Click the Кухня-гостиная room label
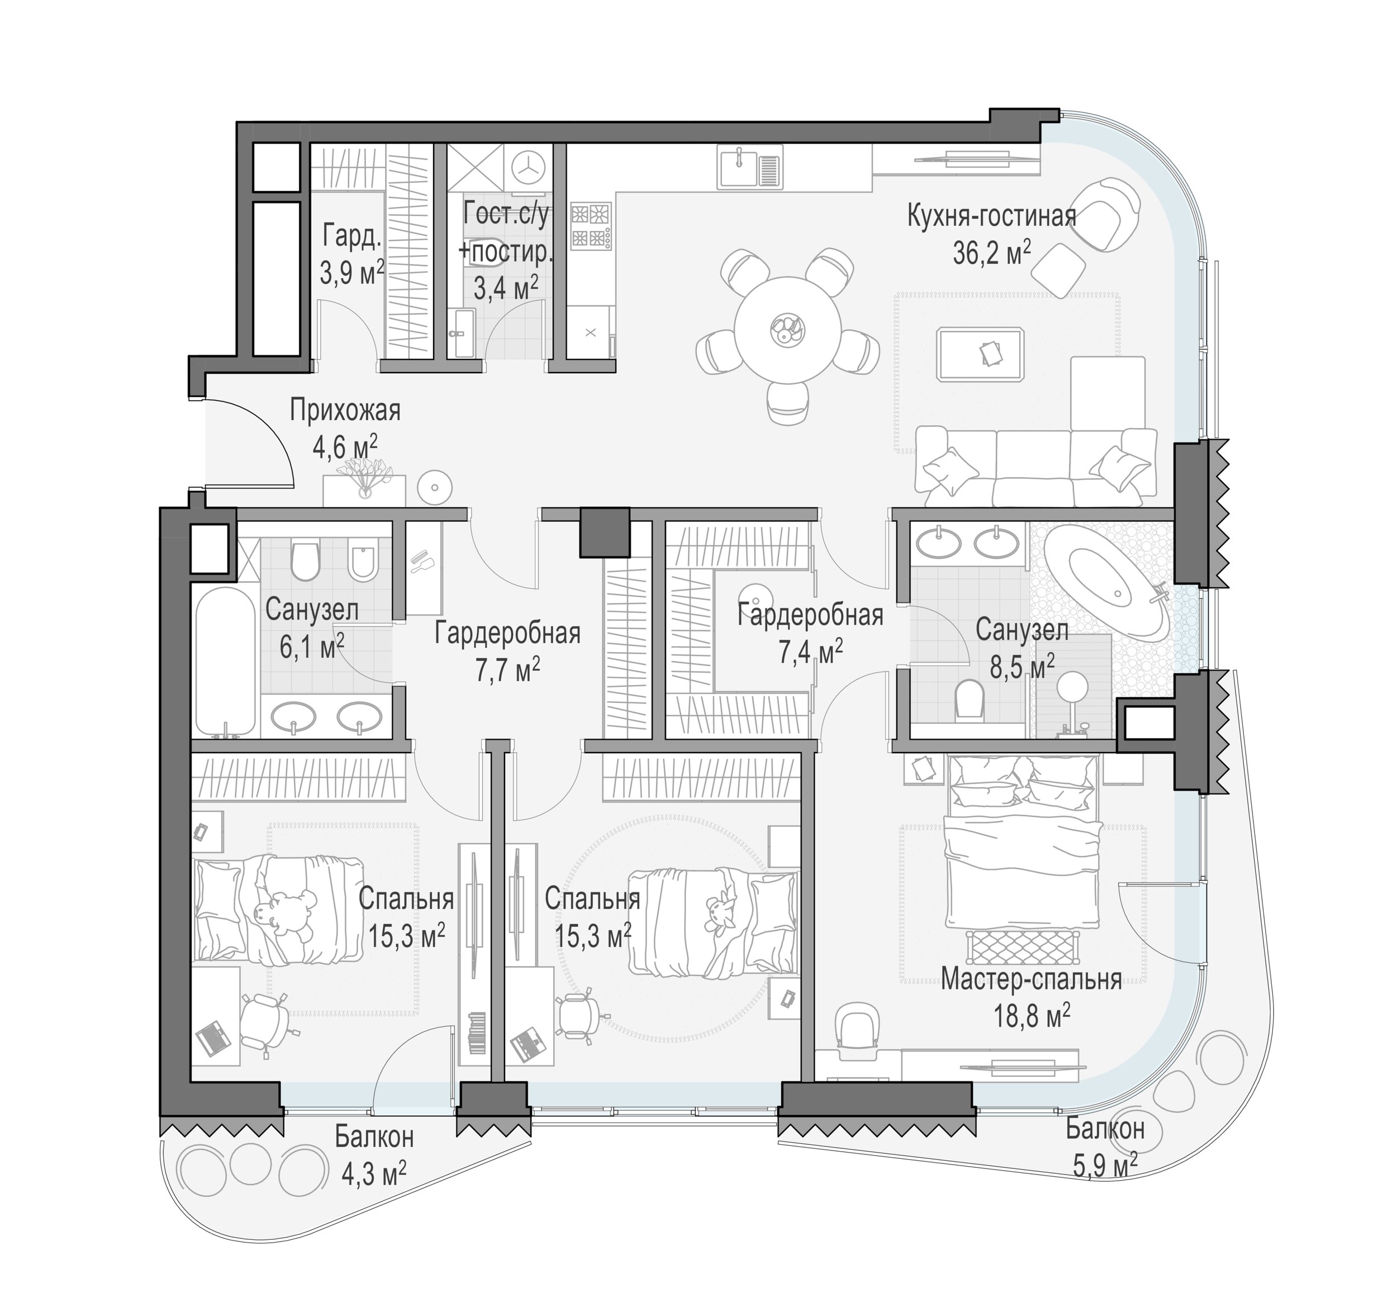click(991, 216)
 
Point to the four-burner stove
click(591, 226)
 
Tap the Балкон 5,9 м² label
click(1105, 1148)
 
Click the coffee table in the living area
click(980, 354)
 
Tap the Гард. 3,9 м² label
click(352, 254)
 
